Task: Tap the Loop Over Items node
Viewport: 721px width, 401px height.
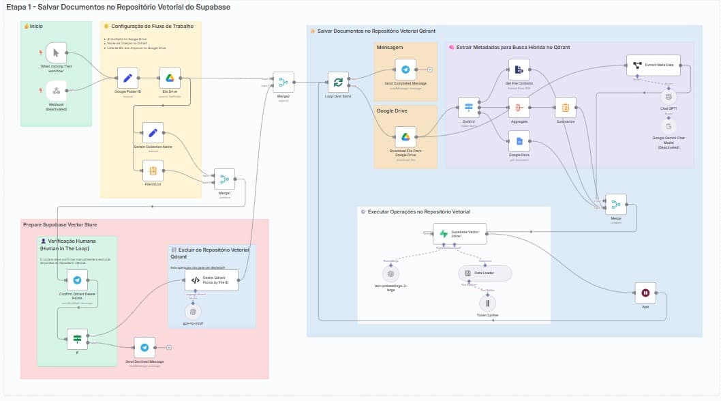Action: pos(338,83)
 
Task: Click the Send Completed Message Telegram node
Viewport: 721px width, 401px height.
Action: pos(405,70)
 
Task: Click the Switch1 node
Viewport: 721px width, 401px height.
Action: pos(468,108)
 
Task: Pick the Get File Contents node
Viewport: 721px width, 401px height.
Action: pos(519,70)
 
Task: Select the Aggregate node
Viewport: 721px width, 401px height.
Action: pos(519,108)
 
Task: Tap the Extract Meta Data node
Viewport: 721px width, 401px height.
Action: pos(654,65)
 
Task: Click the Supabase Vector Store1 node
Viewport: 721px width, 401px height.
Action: pos(460,234)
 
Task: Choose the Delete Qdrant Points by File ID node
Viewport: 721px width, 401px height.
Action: pos(212,280)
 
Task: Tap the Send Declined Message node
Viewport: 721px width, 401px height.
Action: pos(144,347)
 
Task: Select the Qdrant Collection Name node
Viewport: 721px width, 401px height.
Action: pos(153,133)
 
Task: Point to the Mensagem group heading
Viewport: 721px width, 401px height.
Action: pos(390,47)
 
